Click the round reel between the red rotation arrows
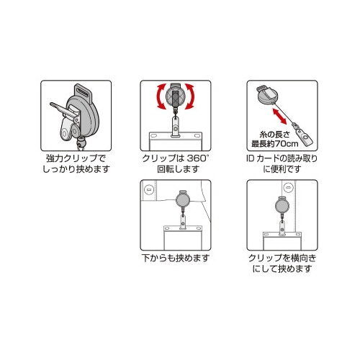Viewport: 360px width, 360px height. [175, 95]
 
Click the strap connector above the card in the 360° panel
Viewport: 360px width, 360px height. [174, 127]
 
